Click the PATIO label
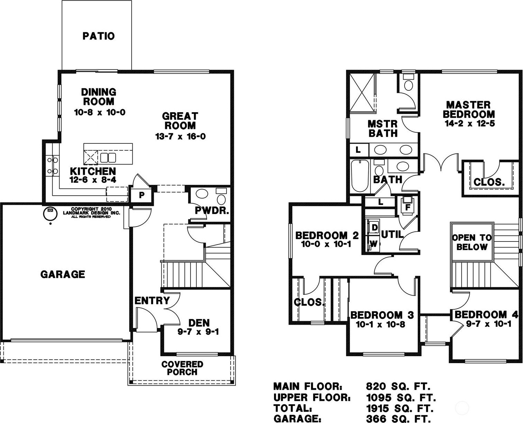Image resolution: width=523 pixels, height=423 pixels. [x=98, y=36]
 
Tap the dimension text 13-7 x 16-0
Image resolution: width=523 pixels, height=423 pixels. [x=180, y=136]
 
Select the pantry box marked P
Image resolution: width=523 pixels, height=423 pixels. [x=141, y=195]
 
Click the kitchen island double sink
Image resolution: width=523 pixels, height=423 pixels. [x=108, y=158]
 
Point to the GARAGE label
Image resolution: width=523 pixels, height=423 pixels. [x=63, y=274]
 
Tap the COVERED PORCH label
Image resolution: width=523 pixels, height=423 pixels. [x=182, y=368]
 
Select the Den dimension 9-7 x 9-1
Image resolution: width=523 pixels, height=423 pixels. [x=198, y=332]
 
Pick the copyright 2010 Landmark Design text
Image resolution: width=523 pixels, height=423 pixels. [x=91, y=212]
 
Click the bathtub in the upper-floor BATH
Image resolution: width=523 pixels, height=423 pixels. [x=360, y=176]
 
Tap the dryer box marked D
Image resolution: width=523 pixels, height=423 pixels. [x=374, y=228]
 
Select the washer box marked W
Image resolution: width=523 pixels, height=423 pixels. [x=373, y=244]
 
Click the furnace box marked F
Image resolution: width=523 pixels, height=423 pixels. [x=408, y=208]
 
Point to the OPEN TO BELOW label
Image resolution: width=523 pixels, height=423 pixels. [x=472, y=242]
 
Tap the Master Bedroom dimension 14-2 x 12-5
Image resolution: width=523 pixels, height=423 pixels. [x=470, y=123]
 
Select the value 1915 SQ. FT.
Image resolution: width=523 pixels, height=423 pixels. [x=400, y=408]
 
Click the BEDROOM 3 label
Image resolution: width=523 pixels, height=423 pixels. [x=382, y=315]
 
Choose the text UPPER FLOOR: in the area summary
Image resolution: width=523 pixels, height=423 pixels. [x=312, y=397]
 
